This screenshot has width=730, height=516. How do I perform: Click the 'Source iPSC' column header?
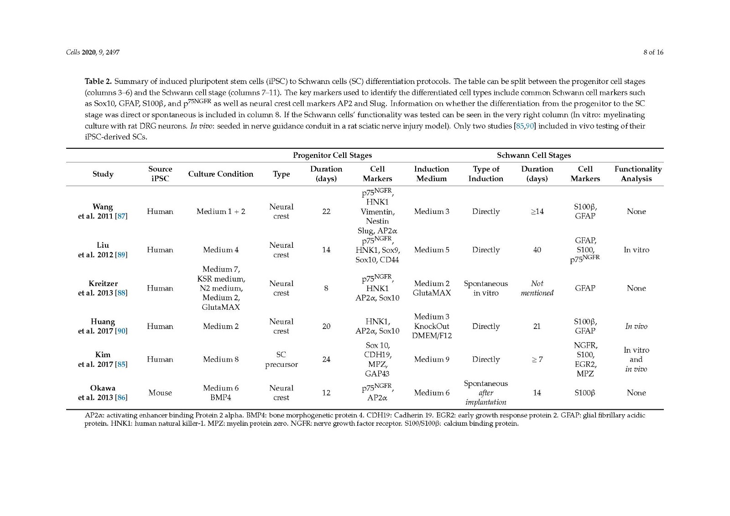coord(160,174)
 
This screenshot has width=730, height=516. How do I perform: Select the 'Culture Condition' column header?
coord(220,174)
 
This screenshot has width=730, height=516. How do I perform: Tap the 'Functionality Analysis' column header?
coord(637,174)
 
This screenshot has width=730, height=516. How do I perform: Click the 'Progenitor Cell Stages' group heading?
coord(332,155)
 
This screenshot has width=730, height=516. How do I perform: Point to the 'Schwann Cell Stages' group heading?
coord(534,155)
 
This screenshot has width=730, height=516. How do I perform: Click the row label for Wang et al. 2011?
coord(103,211)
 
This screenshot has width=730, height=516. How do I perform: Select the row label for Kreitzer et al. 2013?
coord(103,288)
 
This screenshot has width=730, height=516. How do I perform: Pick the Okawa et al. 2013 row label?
coord(103,392)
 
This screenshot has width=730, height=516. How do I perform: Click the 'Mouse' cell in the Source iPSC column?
coord(160,392)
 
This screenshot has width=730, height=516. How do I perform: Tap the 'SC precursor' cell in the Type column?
coord(281,360)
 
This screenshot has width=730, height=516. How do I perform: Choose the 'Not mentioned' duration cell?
coord(537,288)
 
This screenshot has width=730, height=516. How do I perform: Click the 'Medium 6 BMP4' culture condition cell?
coord(220,392)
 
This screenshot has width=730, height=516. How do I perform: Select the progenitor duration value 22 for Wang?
coord(326,211)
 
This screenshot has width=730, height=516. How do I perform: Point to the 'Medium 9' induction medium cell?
coord(431,360)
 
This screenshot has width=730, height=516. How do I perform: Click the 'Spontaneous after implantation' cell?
coord(486,392)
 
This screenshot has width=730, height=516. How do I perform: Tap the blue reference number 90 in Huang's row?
coord(121,331)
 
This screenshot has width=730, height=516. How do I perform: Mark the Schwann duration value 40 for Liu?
coord(537,250)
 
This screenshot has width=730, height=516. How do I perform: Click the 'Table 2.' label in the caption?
coord(98,82)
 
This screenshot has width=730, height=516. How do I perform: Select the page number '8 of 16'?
coord(653,52)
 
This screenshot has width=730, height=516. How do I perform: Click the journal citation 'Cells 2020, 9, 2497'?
coord(93,52)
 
